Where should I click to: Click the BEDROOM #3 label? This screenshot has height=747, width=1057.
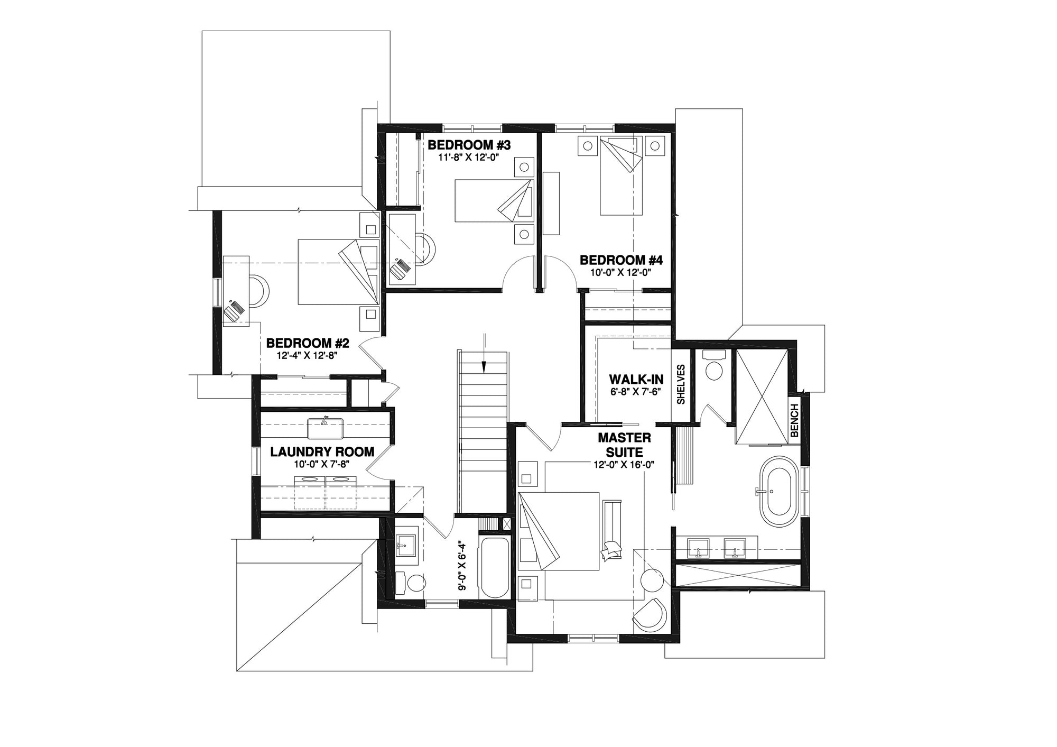(x=469, y=144)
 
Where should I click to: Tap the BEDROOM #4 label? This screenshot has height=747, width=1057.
(x=621, y=260)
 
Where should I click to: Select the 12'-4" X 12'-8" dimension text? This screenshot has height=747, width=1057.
(x=307, y=356)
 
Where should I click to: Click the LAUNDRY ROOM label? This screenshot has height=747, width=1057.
(x=322, y=452)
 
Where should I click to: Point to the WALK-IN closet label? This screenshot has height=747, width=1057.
(x=636, y=380)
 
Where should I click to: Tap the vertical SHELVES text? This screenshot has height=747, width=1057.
(x=681, y=384)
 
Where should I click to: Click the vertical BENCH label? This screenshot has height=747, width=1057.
(x=794, y=421)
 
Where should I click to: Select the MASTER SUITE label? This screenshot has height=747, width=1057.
(x=624, y=445)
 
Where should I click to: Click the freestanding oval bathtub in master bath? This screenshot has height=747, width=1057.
(x=780, y=491)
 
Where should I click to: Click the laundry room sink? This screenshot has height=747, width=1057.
(x=326, y=428)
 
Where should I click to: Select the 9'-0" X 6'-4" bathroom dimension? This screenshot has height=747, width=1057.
(x=462, y=566)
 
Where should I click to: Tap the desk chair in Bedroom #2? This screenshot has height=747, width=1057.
(x=258, y=290)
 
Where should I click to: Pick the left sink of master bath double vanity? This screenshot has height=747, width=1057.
(x=699, y=548)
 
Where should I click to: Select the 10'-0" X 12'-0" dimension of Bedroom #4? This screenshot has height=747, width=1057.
(x=621, y=273)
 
